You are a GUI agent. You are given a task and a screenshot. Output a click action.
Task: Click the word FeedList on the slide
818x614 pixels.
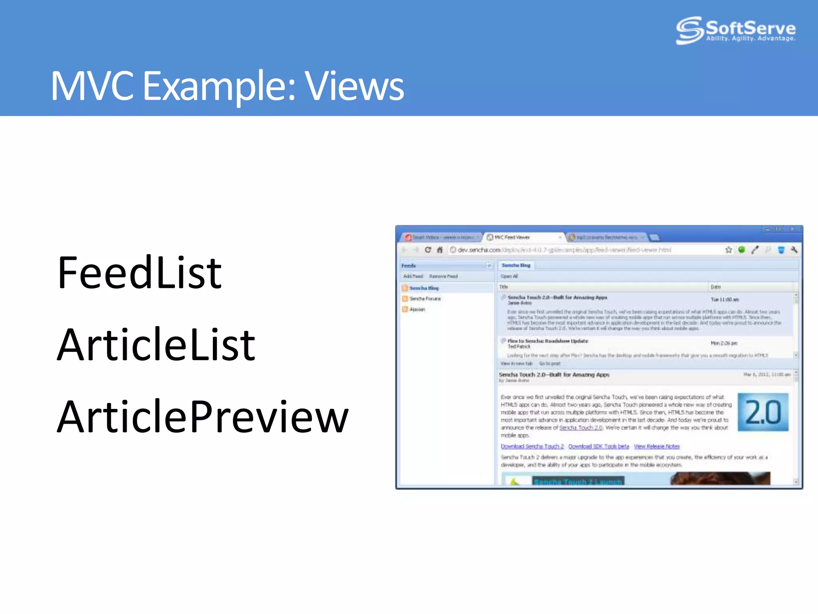139,273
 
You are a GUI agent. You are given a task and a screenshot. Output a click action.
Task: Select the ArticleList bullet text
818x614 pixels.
156,345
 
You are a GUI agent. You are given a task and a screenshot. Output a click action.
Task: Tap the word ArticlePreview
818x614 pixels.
203,417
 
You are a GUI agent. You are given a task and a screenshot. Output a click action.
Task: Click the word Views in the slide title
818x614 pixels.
354,86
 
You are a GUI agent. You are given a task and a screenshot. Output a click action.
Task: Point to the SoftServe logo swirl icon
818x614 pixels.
689,30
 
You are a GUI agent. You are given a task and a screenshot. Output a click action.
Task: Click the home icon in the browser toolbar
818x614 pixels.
440,250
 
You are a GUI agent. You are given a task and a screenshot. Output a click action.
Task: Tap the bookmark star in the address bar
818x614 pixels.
729,250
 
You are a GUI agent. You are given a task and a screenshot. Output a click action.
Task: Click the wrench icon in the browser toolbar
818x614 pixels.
794,250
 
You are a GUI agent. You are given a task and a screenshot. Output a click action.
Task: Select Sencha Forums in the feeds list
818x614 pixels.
425,299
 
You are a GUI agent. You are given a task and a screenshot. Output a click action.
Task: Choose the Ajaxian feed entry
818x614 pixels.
417,309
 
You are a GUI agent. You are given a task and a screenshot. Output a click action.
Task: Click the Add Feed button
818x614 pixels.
413,276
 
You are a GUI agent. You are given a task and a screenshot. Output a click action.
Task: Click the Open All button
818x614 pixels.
509,276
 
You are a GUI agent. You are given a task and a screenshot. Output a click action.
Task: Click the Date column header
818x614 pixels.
716,287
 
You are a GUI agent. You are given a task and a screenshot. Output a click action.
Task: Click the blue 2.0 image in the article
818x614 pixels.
763,412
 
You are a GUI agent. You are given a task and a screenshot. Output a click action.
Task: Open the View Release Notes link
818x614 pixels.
657,447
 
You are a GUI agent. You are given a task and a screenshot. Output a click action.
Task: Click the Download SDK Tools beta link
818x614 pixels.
599,447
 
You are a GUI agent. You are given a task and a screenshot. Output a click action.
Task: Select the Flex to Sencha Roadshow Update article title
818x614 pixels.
548,341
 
